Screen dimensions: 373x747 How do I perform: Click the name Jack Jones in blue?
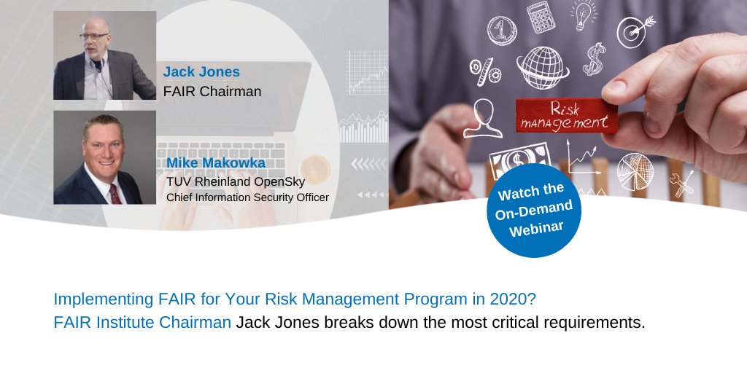201,71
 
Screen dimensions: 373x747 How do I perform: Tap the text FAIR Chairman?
212,91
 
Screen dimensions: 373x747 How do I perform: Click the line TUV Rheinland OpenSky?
233,181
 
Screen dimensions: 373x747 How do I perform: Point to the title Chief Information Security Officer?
247,197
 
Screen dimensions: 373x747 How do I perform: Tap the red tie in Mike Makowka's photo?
115,193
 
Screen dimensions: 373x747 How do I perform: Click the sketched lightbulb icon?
584,15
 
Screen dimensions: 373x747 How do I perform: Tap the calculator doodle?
541,16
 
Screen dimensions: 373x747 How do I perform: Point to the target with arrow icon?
632,31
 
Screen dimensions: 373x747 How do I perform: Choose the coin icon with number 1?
501,31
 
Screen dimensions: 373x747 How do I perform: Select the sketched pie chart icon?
634,171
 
